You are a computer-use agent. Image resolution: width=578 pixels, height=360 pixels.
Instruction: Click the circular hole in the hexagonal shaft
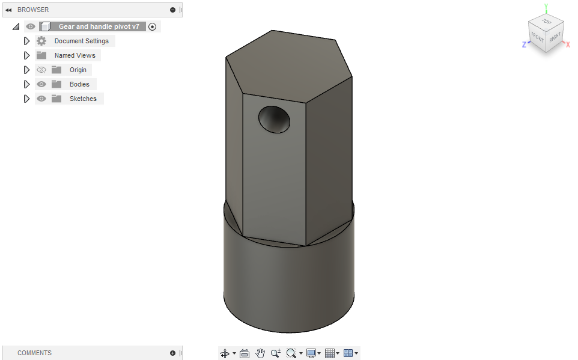[275, 119]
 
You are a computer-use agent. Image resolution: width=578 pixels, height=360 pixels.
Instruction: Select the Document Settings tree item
[81, 41]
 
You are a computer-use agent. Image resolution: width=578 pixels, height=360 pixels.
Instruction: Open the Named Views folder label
[75, 55]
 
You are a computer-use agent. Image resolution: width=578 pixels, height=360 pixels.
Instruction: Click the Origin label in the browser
[78, 70]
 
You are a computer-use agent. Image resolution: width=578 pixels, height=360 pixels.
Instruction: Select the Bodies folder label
[79, 84]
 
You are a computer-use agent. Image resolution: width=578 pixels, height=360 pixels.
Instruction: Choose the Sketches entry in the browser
[83, 99]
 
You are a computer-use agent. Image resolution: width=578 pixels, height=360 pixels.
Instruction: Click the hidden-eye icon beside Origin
[41, 70]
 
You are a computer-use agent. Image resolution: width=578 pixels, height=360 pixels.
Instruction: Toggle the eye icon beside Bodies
[41, 84]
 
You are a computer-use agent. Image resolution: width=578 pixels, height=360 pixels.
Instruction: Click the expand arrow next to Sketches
[26, 99]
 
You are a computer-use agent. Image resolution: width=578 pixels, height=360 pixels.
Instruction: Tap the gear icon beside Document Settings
[41, 41]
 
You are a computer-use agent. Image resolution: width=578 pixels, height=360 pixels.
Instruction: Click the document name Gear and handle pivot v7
[99, 26]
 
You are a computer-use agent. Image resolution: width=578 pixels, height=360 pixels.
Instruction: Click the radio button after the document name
[152, 26]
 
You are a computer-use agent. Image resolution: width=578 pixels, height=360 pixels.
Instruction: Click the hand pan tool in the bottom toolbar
[260, 353]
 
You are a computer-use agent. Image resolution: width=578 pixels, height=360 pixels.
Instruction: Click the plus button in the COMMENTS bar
[172, 353]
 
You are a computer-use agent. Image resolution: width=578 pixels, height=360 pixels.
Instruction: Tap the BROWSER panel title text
[33, 10]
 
